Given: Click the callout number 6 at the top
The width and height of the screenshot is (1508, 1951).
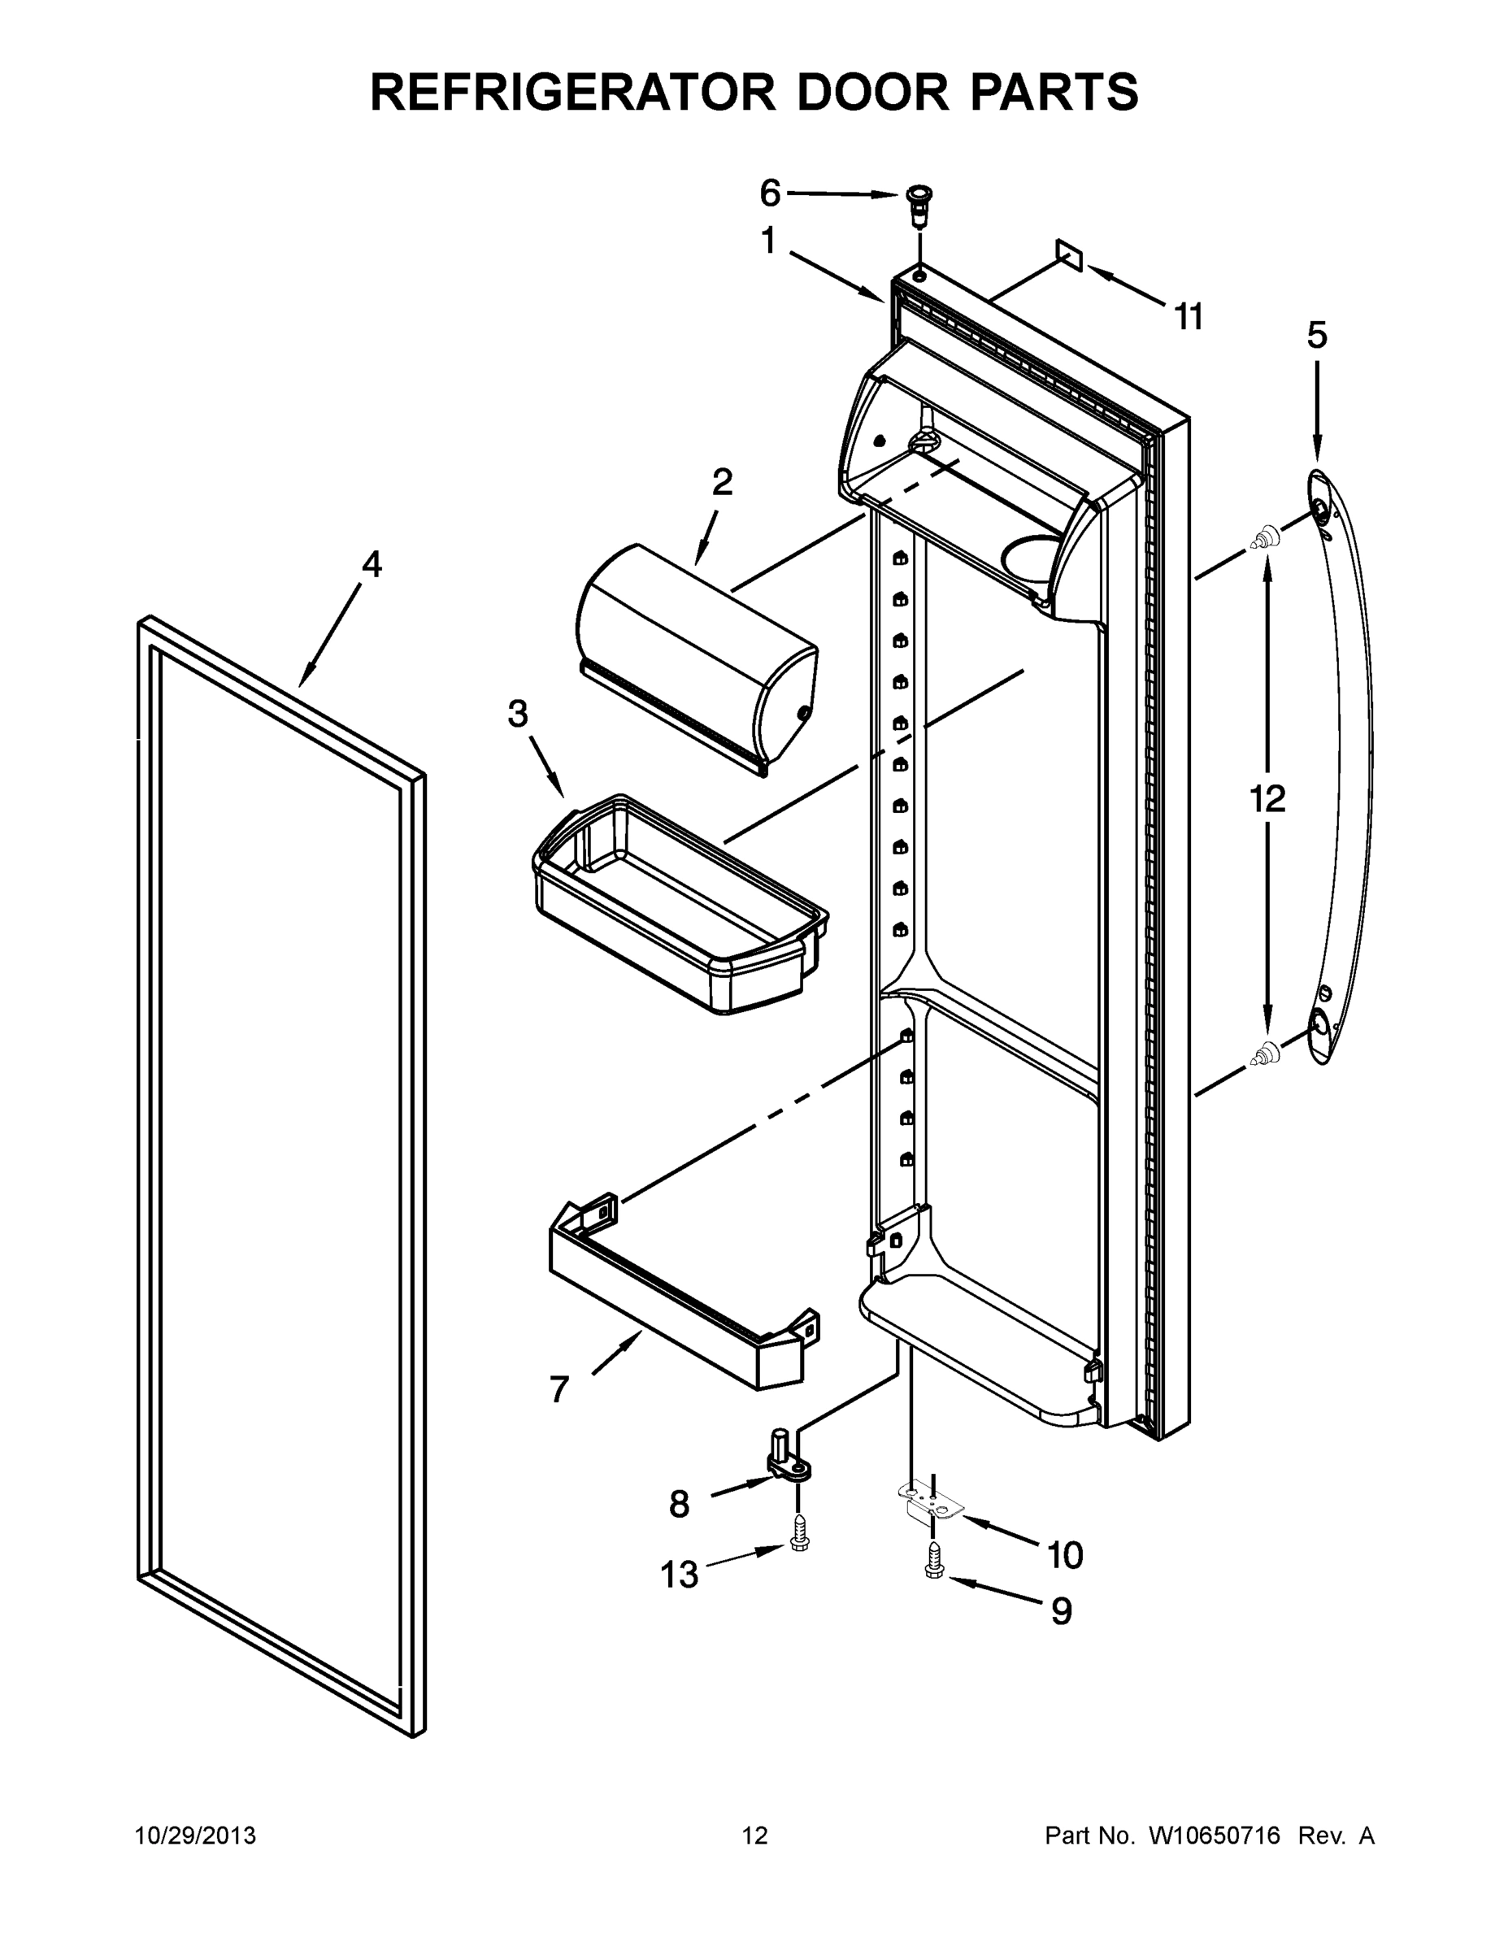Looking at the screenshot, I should [769, 192].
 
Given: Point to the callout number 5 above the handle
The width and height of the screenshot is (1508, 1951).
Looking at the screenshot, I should [1317, 335].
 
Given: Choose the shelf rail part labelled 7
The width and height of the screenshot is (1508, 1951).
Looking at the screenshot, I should [684, 1291].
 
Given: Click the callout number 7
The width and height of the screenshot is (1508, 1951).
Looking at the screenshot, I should [559, 1390].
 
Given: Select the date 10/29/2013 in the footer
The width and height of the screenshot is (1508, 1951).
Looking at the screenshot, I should [195, 1836].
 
